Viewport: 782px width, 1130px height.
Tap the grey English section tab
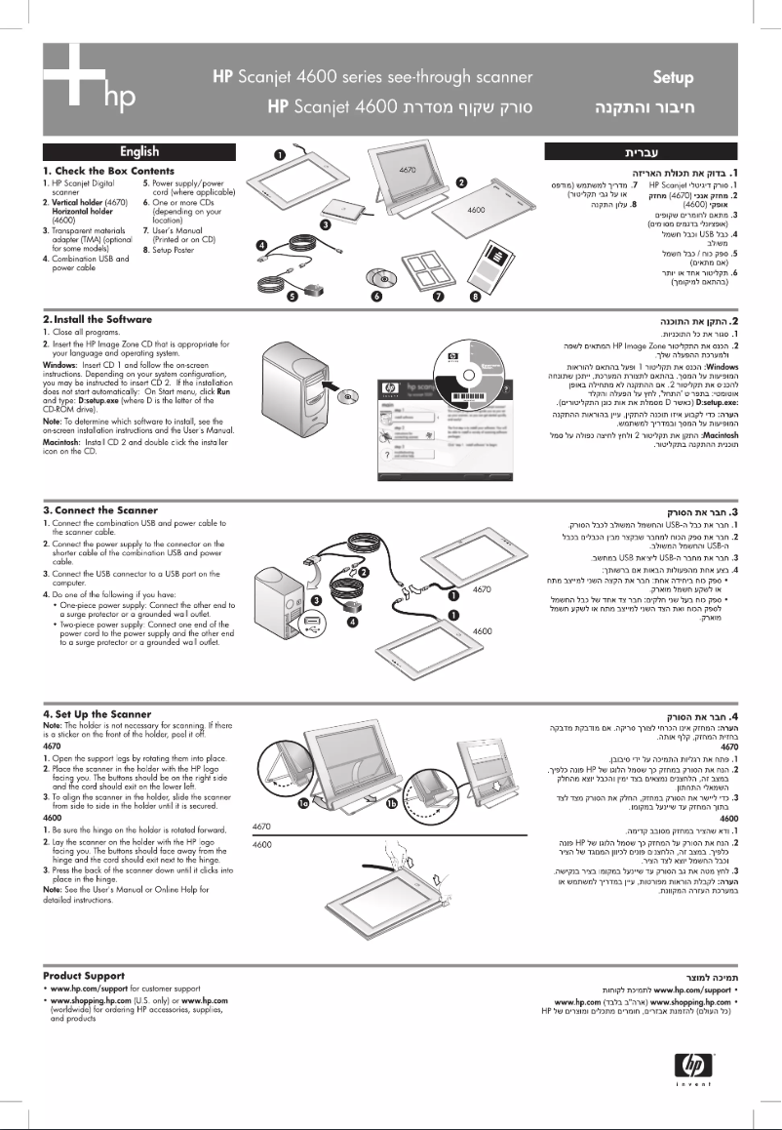tap(139, 151)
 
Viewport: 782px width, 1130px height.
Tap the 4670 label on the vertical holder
tap(409, 169)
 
